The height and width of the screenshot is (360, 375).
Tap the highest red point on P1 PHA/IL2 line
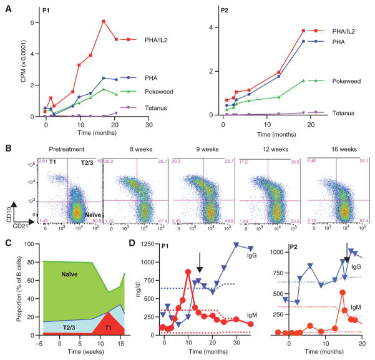pyautogui.click(x=104, y=22)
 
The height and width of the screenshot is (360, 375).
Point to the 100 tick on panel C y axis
pyautogui.click(x=28, y=246)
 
